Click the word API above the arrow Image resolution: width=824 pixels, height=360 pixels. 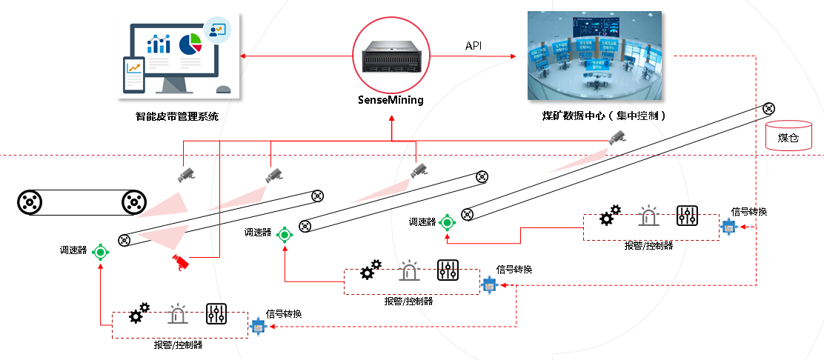474,46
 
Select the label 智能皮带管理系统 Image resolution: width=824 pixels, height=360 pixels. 177,116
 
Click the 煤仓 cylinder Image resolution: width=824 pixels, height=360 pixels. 788,136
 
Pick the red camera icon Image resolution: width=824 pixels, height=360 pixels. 180,261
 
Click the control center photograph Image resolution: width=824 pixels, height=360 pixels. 595,56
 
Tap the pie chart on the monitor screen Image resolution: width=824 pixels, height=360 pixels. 191,44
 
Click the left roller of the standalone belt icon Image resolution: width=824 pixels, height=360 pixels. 29,201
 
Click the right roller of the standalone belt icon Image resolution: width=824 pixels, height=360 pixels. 133,201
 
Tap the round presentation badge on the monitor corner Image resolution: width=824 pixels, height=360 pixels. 218,30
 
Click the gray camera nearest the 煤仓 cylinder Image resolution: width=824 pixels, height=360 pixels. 617,137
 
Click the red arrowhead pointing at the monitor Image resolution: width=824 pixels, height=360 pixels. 242,56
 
